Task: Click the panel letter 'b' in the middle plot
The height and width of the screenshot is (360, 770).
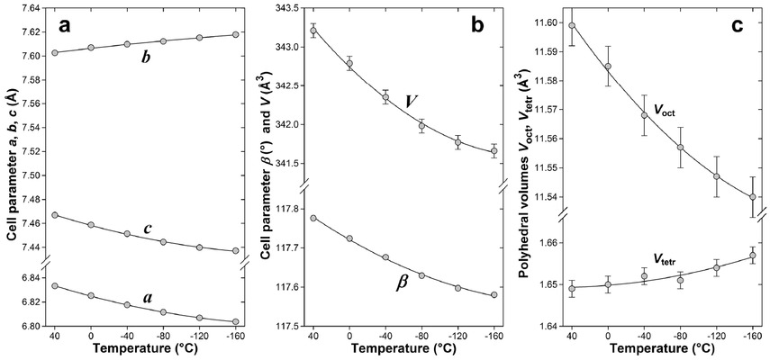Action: pos(477,26)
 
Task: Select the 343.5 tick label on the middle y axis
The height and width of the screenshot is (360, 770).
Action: pos(289,8)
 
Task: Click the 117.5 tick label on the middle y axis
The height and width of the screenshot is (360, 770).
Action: pos(289,326)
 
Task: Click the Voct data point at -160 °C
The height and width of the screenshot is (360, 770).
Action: pos(753,197)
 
